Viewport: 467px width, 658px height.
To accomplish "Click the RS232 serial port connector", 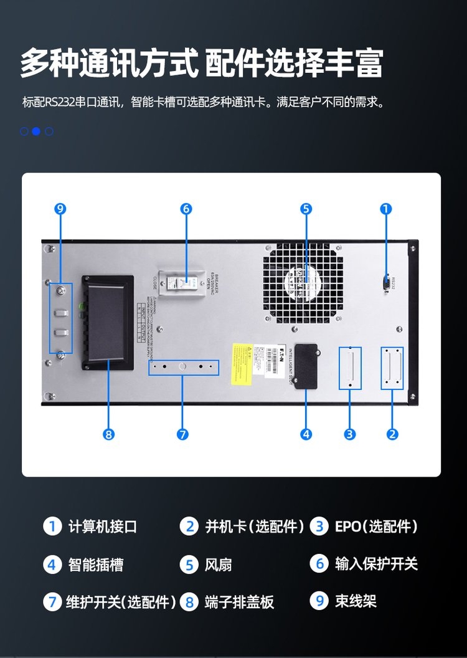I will (x=386, y=282).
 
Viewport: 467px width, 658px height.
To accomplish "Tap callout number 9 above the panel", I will (x=60, y=209).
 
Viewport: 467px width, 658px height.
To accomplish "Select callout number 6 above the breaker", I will (x=186, y=209).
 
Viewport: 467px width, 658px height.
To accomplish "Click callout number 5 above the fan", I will (x=306, y=209).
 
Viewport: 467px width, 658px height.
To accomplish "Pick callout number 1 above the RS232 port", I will (x=386, y=209).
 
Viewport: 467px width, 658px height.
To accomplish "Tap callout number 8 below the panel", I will (x=109, y=434).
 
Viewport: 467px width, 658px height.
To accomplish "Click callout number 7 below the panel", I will (x=182, y=434).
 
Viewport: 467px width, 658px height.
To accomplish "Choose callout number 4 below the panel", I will (x=306, y=434).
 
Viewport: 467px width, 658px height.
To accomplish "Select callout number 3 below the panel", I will (x=350, y=434).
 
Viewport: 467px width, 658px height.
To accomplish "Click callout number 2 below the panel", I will (x=392, y=434).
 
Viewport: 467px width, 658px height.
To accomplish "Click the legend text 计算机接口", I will (x=103, y=527).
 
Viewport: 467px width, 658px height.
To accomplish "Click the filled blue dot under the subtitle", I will (x=36, y=131).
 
